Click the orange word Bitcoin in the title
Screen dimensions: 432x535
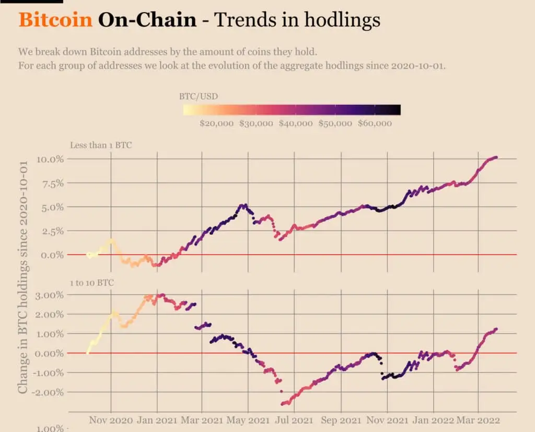tap(55, 20)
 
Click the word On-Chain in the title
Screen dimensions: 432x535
tap(147, 20)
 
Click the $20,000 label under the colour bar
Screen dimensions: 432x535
tap(217, 123)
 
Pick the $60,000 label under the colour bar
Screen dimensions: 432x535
tap(375, 123)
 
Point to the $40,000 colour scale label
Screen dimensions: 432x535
tap(296, 123)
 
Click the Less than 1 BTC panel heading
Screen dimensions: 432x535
tap(101, 145)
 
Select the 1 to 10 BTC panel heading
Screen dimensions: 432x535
tap(92, 282)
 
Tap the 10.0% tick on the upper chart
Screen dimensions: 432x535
tap(50, 159)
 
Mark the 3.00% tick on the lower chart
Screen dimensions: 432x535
tap(50, 295)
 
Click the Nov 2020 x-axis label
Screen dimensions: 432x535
tap(111, 420)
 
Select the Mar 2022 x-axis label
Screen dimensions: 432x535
tap(479, 420)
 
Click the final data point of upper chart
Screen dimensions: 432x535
tap(496, 157)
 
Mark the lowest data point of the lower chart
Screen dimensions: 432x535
tap(283, 404)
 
